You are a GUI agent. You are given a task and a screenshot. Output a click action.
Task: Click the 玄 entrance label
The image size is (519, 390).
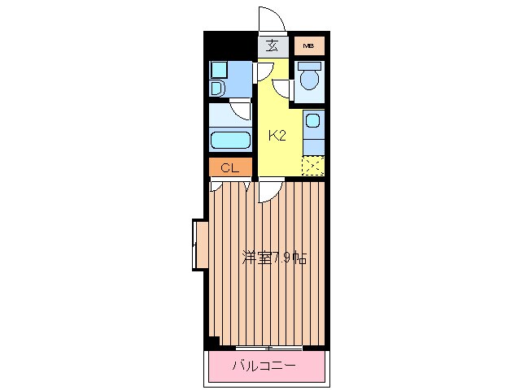273,45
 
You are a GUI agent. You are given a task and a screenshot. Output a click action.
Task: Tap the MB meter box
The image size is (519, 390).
308,45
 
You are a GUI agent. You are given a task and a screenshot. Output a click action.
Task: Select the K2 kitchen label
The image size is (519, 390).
277,135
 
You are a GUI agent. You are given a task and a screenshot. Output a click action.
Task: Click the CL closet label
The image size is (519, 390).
229,168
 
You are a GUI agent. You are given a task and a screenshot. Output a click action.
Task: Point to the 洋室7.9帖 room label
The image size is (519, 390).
273,258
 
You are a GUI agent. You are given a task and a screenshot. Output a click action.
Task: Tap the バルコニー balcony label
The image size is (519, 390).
265,366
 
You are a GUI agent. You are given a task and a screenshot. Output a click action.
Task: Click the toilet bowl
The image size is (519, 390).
308,80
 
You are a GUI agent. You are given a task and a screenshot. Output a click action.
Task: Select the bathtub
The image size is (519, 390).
230,139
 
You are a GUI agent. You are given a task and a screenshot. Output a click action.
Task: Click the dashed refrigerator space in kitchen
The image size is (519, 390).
312,164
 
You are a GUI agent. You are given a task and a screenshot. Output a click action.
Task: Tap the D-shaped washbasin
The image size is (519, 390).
217,88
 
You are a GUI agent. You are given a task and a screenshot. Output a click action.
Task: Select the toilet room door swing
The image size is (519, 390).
285,89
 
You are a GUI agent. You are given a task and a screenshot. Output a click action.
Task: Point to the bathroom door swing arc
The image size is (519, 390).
242,111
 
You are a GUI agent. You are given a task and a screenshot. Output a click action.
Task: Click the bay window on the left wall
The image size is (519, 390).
198,244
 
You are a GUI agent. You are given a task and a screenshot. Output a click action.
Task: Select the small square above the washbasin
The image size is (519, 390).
217,69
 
